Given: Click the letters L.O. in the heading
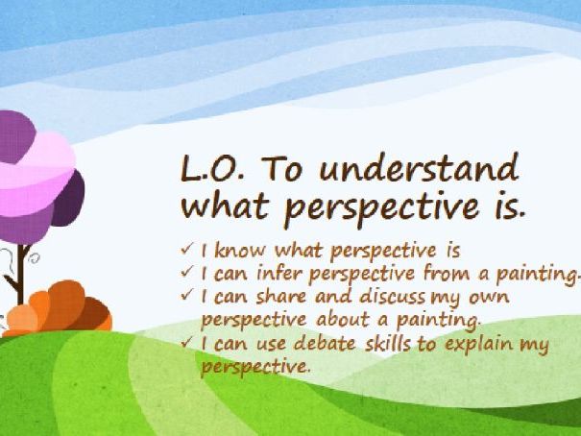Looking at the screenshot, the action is coord(212,169).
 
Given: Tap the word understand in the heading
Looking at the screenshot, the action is coord(419,167).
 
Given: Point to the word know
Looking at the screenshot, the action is coord(240,250).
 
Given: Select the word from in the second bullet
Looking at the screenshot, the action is coord(448,274).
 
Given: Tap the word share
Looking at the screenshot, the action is coord(281,297).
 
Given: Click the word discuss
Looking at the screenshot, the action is coord(393,297).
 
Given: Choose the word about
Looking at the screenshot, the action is coord(343,319).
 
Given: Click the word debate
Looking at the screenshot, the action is coord(325,343).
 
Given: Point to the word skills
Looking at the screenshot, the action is coord(388,343).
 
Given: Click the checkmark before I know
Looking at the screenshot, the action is coord(187,248).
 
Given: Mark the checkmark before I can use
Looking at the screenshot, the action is coord(187,341).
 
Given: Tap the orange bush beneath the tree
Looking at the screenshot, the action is coord(60,307).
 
